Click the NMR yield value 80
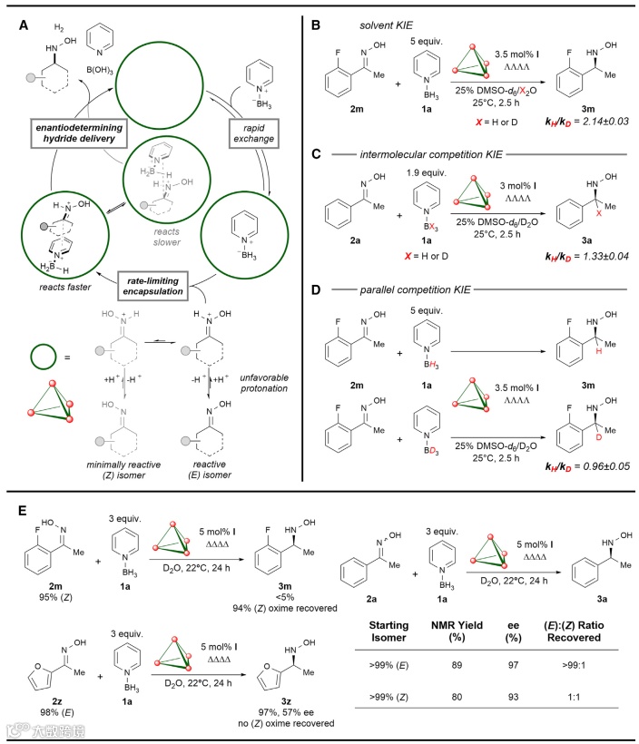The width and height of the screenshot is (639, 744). (467, 700)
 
